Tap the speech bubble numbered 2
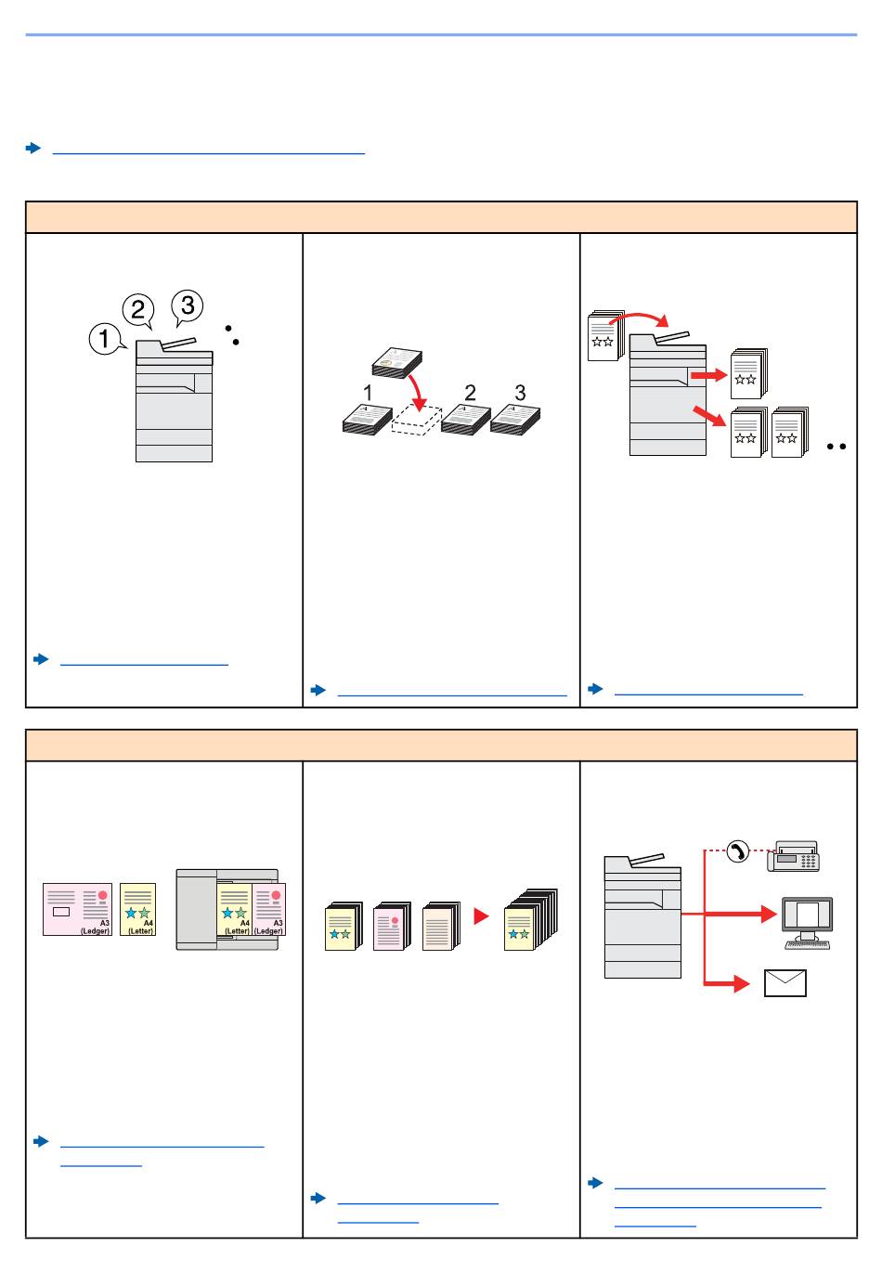pyautogui.click(x=138, y=310)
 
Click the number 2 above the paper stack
pyautogui.click(x=470, y=393)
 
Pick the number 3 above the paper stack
pyautogui.click(x=520, y=393)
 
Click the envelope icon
pyautogui.click(x=785, y=983)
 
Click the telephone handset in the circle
pyautogui.click(x=737, y=850)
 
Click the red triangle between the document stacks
pyautogui.click(x=480, y=916)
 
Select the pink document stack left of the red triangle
pyautogui.click(x=392, y=927)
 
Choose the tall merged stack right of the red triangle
pyautogui.click(x=530, y=921)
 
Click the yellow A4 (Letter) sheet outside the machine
pyautogui.click(x=138, y=910)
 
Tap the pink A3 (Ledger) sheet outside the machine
pyautogui.click(x=77, y=909)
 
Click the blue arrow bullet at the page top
pyautogui.click(x=33, y=148)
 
